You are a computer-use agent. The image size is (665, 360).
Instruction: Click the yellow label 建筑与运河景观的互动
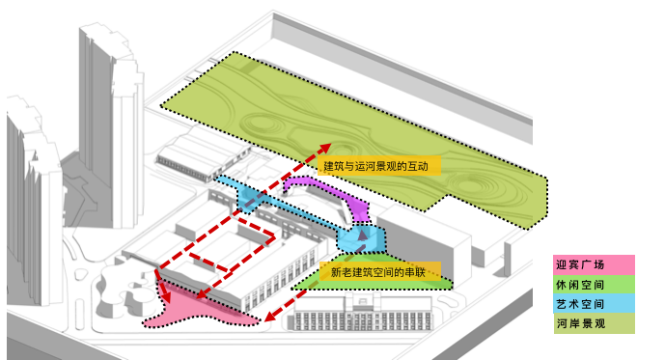point(381,166)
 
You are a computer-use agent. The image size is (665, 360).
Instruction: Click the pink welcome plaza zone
point(193,311)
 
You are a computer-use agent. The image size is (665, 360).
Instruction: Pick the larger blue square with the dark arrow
point(361,235)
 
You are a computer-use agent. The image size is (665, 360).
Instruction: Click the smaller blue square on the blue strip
point(248,199)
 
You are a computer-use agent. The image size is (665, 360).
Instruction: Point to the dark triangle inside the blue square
point(362,233)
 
